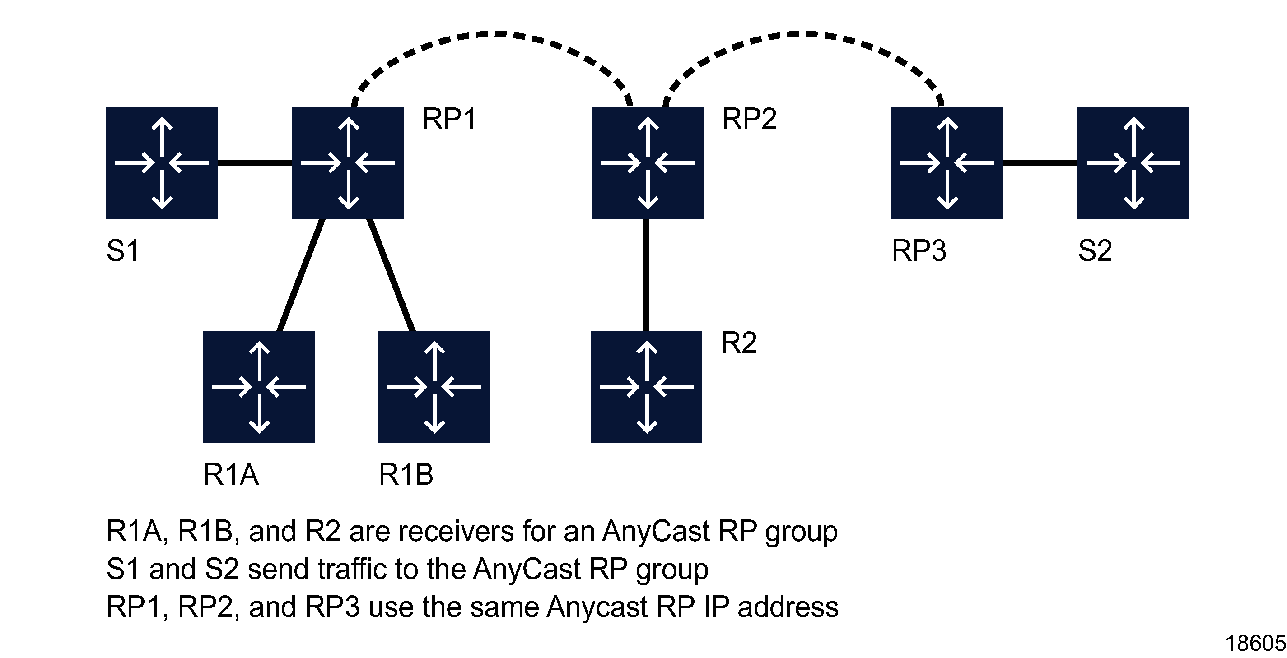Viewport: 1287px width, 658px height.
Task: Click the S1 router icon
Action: click(x=161, y=163)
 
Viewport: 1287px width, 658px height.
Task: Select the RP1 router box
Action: click(x=348, y=163)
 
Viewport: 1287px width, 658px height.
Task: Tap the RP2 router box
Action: click(x=647, y=163)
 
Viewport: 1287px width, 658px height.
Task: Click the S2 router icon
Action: click(x=1133, y=163)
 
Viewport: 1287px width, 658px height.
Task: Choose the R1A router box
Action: click(x=259, y=387)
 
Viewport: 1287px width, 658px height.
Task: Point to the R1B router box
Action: click(x=434, y=387)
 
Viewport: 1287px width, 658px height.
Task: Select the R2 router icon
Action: click(x=646, y=387)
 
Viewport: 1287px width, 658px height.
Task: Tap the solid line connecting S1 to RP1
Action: click(x=255, y=163)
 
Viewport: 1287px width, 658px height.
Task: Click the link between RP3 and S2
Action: click(x=1040, y=163)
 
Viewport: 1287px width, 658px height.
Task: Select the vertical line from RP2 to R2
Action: click(x=647, y=274)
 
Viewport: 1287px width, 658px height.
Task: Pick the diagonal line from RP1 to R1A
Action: click(x=301, y=274)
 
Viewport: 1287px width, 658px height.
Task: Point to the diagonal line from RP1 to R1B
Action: click(x=391, y=274)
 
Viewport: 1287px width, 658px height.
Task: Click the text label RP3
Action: click(x=919, y=250)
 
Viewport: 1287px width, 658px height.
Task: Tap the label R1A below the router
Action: click(x=231, y=474)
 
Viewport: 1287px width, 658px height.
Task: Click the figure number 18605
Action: click(x=1254, y=644)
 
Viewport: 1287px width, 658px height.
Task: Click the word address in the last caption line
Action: click(x=788, y=607)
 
